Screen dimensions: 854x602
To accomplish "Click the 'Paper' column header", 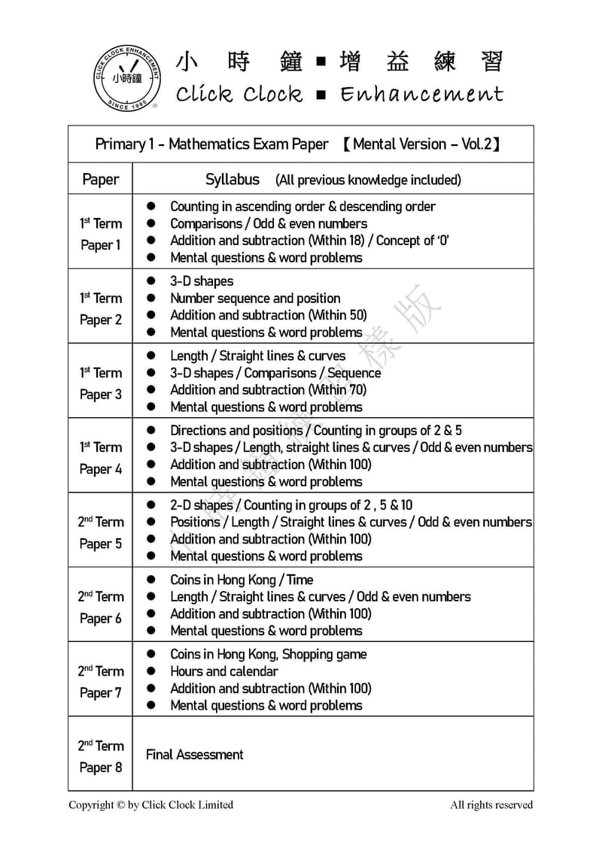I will point(100,179).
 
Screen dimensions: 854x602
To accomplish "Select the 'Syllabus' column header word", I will point(233,179).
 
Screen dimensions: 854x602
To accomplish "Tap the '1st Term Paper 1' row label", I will point(100,233).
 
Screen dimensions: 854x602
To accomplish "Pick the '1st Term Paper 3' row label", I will point(100,383).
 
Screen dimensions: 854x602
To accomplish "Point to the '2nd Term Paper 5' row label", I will point(100,532).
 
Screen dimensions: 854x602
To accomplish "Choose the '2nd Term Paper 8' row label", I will point(100,756).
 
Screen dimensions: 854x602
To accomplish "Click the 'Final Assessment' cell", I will point(194,754).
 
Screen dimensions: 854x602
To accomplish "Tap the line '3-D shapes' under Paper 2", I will point(202,281).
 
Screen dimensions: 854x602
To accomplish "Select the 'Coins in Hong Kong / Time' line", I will point(242,580).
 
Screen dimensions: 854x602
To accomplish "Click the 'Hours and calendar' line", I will point(223,671).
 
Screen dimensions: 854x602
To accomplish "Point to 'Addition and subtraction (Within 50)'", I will point(269,315).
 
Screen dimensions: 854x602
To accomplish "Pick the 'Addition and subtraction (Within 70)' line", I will point(269,389).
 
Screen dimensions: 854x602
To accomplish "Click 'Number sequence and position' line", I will point(255,298).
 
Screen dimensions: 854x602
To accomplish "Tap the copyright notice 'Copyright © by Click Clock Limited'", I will point(150,804).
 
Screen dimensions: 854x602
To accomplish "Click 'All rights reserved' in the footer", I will point(491,804).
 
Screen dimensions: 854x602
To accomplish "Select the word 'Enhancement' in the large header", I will point(421,94).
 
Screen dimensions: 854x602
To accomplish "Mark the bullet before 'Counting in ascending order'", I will point(150,206).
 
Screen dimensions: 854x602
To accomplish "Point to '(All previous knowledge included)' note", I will point(368,180).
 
